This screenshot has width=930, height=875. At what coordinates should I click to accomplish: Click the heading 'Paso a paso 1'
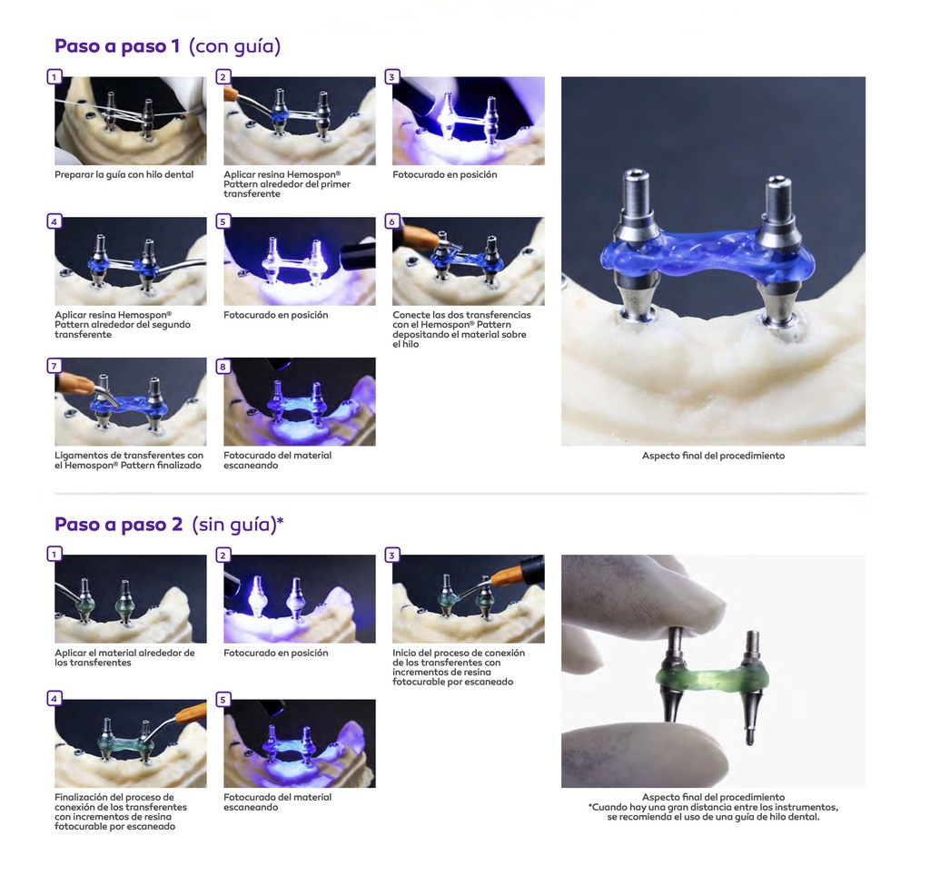pos(117,46)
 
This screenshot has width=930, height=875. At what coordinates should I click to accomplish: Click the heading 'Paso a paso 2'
pos(119,525)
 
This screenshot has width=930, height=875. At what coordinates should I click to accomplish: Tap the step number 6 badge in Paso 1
pos(391,221)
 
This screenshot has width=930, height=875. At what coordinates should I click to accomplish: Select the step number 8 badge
pos(223,367)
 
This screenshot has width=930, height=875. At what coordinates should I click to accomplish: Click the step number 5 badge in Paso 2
pos(223,700)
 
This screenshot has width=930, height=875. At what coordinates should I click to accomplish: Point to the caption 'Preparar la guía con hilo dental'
pos(124,175)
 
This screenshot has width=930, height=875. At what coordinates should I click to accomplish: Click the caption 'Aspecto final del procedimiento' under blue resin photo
pos(713,456)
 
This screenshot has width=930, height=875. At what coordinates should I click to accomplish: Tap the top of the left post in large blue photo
pos(638,173)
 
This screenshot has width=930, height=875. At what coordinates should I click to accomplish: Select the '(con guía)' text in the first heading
pos(235,46)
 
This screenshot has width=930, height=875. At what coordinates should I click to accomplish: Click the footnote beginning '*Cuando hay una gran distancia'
pos(713,812)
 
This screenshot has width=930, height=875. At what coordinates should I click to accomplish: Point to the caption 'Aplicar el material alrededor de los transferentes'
pos(124,658)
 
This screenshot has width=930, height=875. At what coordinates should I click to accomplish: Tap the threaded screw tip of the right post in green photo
pos(748,737)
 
